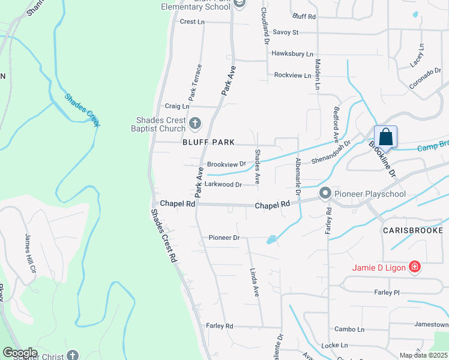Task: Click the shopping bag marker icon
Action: pos(385,137)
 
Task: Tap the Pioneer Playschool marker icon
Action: pos(325,193)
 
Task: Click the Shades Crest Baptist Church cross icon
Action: pos(194,124)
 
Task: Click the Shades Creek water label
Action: pos(82,110)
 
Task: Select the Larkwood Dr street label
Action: pos(223,185)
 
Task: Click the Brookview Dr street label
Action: pos(226,164)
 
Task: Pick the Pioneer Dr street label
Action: pos(224,238)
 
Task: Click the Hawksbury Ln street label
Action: pos(292,53)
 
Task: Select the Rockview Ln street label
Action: pos(292,76)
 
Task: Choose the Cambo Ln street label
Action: pos(349,329)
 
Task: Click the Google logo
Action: pos(20,353)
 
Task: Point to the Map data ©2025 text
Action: pos(423,355)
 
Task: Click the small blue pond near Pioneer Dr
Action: pos(272,240)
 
